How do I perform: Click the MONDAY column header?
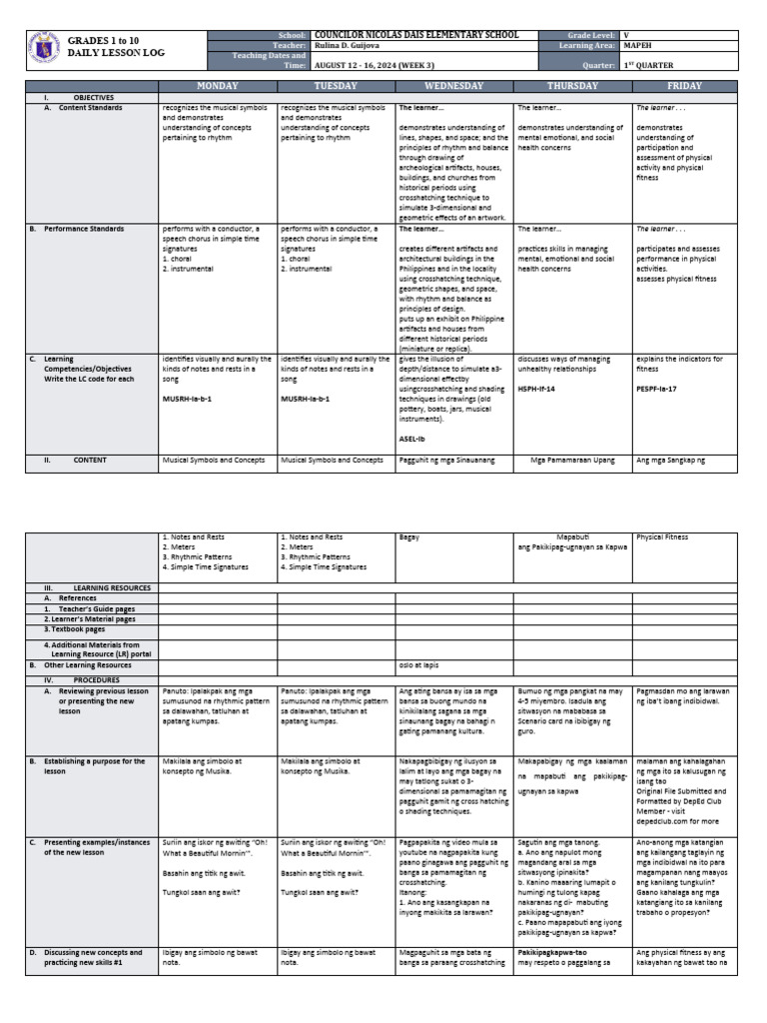click(218, 86)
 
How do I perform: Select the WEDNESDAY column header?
click(454, 86)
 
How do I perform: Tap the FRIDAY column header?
click(684, 86)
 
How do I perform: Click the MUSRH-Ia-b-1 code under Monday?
click(187, 397)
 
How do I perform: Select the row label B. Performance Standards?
click(82, 229)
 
